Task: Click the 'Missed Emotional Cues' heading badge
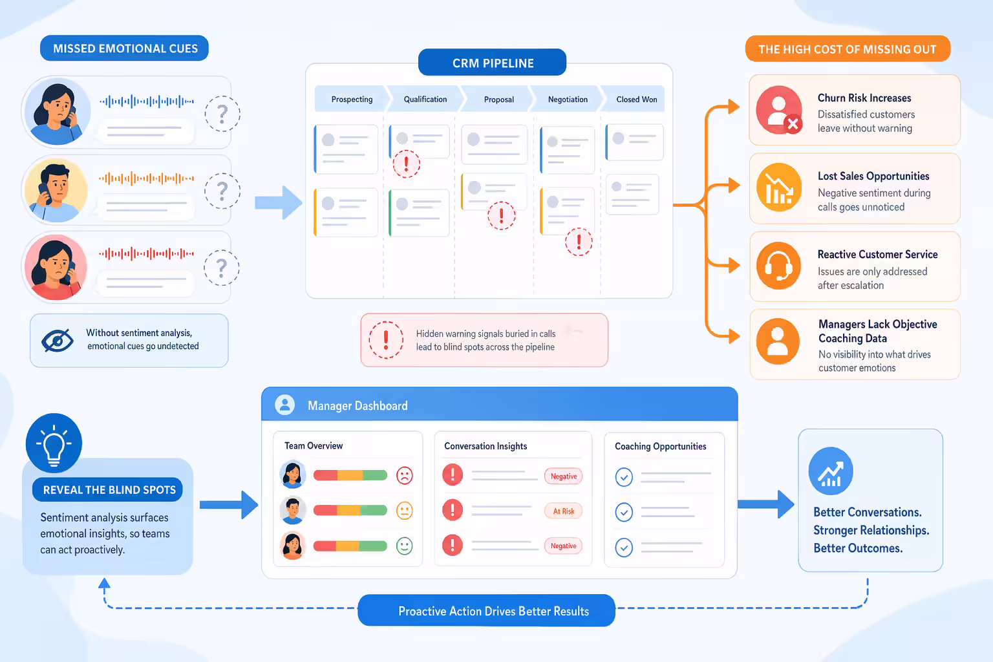124,48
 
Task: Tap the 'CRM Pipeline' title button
492,63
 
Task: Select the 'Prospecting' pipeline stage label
352,100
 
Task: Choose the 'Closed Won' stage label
637,100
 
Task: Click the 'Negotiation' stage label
568,100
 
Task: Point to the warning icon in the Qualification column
406,164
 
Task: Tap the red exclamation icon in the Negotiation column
579,242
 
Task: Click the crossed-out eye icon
58,341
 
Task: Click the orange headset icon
779,266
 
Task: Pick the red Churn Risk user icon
779,110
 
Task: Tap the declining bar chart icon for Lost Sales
779,187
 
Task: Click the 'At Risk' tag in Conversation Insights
564,511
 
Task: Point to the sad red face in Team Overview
404,476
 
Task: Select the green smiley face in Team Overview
404,546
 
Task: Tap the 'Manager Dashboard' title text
358,406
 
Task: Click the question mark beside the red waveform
222,268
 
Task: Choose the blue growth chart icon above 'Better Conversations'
831,471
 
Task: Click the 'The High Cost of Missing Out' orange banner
848,48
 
